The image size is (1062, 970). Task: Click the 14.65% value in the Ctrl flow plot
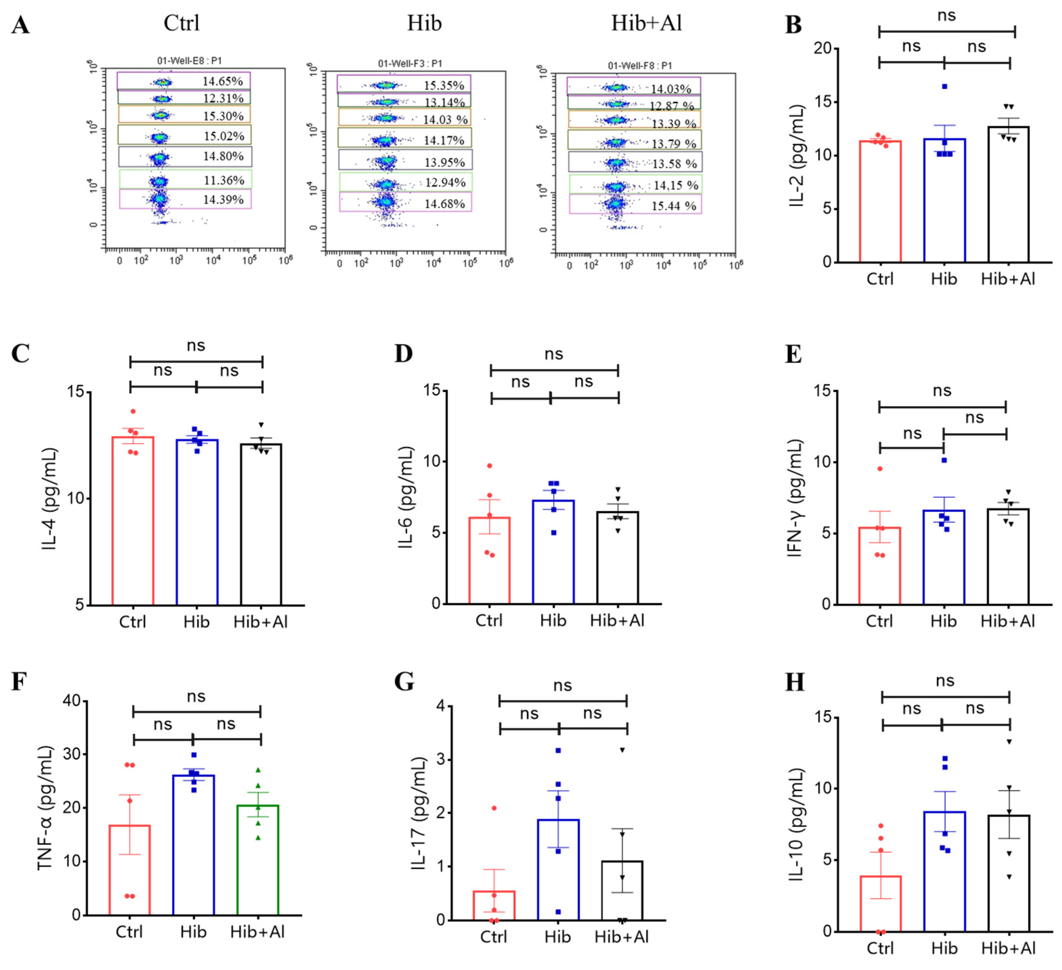click(222, 81)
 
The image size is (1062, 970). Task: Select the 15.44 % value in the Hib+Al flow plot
click(674, 206)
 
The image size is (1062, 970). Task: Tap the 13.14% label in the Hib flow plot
click(444, 102)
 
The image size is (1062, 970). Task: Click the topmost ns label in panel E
click(942, 391)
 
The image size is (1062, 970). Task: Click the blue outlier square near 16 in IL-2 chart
click(944, 86)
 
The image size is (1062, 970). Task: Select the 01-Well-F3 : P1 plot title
click(410, 64)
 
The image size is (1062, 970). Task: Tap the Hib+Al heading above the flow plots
click(646, 23)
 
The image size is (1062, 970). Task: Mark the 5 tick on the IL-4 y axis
click(80, 605)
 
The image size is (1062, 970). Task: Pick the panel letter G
click(404, 682)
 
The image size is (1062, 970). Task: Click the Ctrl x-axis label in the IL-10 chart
click(880, 948)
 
